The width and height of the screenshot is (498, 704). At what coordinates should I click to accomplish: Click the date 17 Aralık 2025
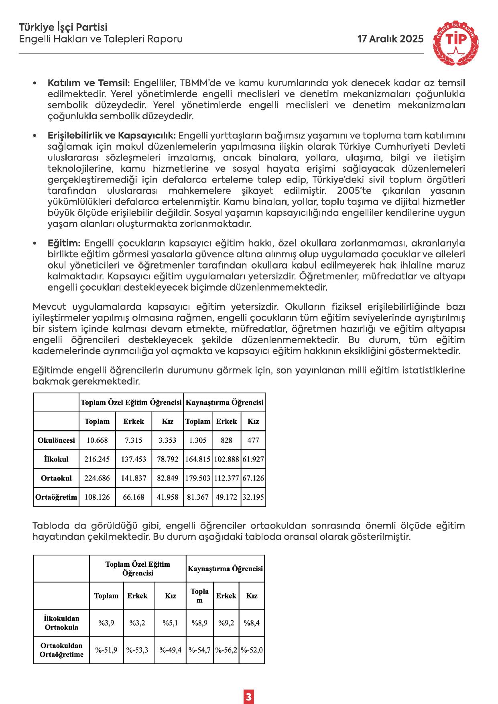click(390, 39)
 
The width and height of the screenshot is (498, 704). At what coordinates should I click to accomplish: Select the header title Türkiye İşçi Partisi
click(63, 28)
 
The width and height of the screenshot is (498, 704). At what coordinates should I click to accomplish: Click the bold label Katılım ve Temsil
click(89, 83)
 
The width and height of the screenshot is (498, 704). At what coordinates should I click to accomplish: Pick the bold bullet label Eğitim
click(64, 243)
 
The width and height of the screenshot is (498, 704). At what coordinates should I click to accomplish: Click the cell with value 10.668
click(97, 440)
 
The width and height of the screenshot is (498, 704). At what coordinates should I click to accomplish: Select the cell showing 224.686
click(97, 478)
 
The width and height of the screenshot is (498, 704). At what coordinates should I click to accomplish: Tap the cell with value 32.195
click(253, 497)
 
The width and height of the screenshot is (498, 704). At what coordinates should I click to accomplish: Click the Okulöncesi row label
click(56, 440)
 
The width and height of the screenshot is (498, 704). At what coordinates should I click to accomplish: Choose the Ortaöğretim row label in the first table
click(56, 497)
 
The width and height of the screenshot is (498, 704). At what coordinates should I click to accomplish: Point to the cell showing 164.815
click(198, 459)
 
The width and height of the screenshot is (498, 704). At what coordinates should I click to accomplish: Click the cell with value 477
click(253, 440)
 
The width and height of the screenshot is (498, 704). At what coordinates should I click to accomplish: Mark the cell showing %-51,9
click(106, 649)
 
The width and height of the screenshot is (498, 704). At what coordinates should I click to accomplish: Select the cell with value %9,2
click(226, 623)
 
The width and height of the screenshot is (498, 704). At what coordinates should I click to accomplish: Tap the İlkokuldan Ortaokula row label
click(61, 623)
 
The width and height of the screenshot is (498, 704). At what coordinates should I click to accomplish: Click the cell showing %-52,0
click(252, 649)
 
